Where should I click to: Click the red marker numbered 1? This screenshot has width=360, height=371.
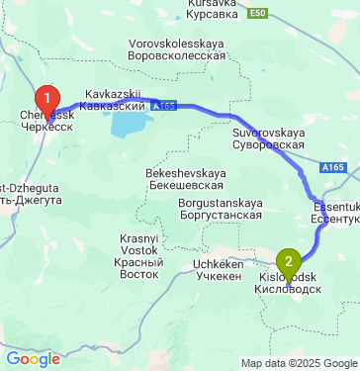point(45,98)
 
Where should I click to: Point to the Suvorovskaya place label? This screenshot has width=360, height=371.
point(267,138)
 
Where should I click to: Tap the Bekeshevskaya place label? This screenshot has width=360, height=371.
point(184,178)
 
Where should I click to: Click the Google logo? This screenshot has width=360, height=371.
point(33,359)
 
